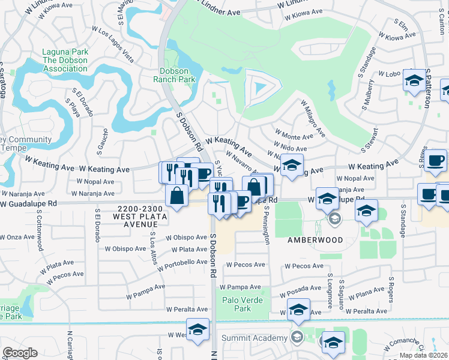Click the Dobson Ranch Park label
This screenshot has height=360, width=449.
(x=174, y=74)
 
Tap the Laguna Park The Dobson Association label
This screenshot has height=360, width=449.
(x=64, y=60)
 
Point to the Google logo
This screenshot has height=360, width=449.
(x=20, y=353)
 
